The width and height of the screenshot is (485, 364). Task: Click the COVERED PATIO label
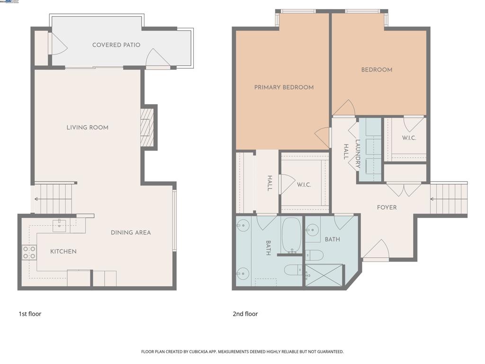point(116,45)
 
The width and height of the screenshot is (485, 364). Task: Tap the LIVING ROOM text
point(87,127)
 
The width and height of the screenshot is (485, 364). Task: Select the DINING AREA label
point(131,233)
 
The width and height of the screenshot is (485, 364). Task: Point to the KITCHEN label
point(63,252)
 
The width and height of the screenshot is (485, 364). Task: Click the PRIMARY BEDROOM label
point(284,87)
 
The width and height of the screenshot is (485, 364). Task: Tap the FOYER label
point(386,208)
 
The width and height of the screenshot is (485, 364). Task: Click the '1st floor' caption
point(30,314)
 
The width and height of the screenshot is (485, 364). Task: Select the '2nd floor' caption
point(245,314)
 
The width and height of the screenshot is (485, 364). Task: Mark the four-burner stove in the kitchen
point(29,253)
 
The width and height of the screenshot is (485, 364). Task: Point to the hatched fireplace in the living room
point(147,127)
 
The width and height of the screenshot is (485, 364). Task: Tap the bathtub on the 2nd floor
point(291,236)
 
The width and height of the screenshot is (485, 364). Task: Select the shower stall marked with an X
point(324,275)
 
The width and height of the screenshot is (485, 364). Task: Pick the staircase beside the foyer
point(448,199)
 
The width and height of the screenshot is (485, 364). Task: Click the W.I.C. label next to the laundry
point(409,138)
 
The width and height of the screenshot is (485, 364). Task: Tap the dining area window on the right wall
point(174,220)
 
